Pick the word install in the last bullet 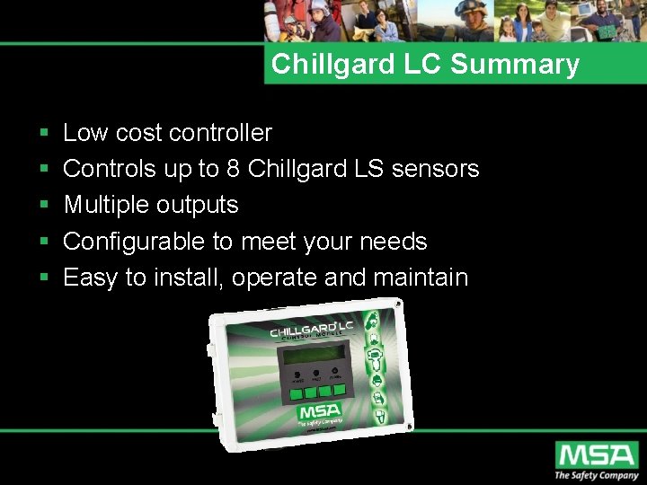(187, 277)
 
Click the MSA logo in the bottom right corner (595, 455)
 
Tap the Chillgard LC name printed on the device (312, 330)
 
